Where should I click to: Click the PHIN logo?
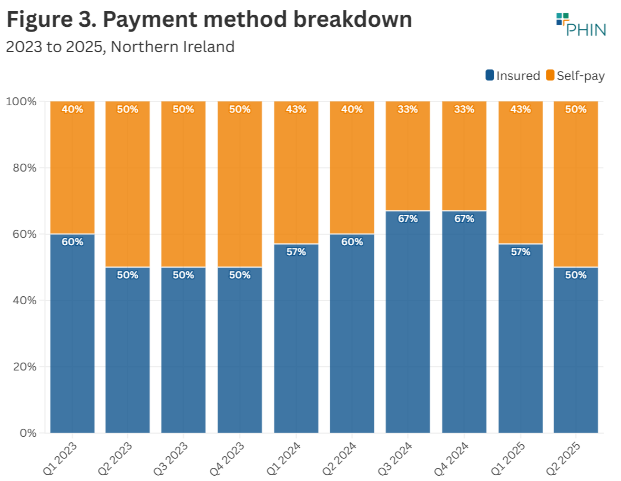(581, 24)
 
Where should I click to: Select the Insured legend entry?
(513, 76)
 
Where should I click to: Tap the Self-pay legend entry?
(575, 76)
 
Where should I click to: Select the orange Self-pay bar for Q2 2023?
(127, 184)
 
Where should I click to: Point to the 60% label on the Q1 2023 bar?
(72, 242)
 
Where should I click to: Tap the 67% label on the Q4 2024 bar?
(464, 219)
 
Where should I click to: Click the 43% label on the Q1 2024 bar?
(296, 109)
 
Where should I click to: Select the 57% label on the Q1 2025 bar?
(520, 252)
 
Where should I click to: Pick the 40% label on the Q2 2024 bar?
(352, 109)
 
